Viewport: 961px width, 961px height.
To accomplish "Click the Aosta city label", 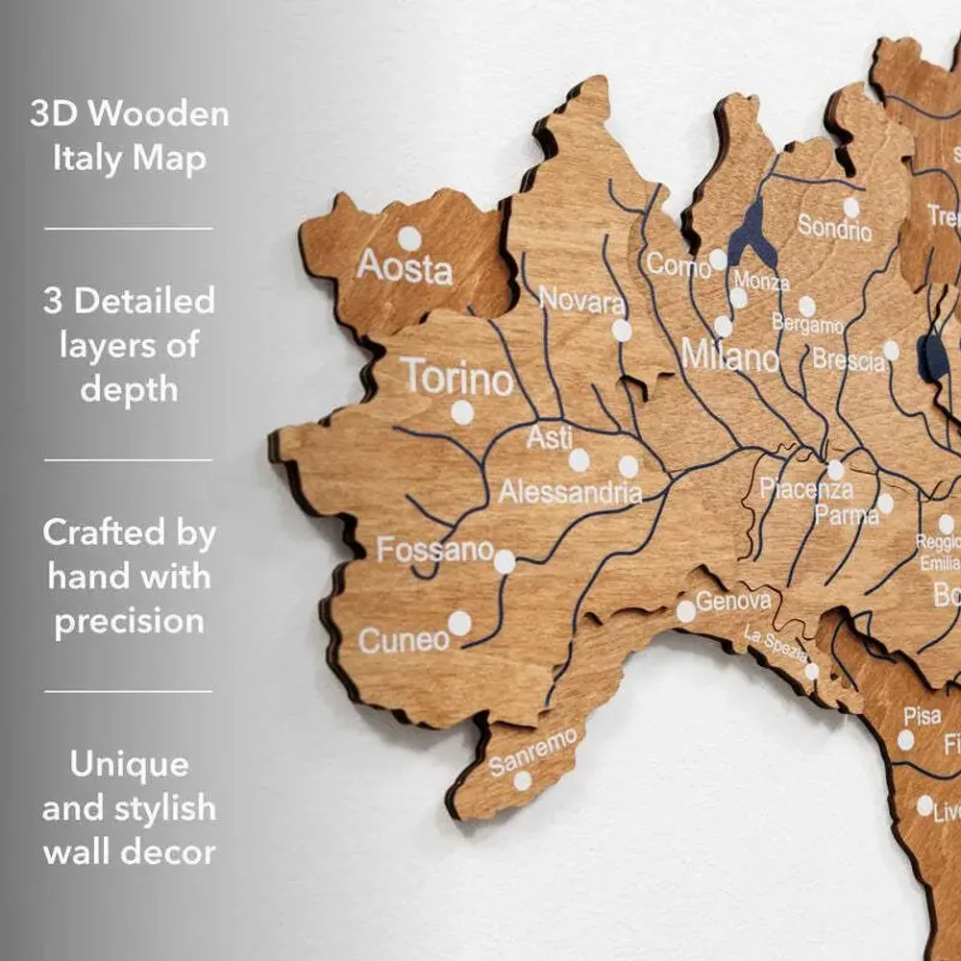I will [404, 267].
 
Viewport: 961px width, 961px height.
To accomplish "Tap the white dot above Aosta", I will [409, 238].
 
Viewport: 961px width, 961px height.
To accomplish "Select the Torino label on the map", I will [457, 377].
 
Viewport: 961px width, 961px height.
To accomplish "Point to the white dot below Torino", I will [462, 413].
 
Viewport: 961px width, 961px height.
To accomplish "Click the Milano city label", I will [729, 357].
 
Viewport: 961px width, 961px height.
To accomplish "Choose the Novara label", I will [581, 301].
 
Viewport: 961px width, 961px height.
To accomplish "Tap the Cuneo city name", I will [404, 639].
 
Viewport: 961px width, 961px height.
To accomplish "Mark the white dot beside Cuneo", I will [459, 624].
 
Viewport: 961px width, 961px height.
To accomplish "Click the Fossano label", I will [434, 551].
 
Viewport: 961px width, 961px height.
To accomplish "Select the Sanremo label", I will [533, 751].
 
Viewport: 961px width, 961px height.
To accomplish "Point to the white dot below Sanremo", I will [522, 780].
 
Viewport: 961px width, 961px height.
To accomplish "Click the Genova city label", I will [733, 602].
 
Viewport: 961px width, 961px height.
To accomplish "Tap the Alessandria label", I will [570, 494].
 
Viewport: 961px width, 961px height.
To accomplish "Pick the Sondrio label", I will [834, 229].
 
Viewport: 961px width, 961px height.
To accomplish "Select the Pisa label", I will [922, 716].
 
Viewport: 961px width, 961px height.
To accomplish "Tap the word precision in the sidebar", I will [129, 621].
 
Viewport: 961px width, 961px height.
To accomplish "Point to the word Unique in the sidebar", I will [129, 765].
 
